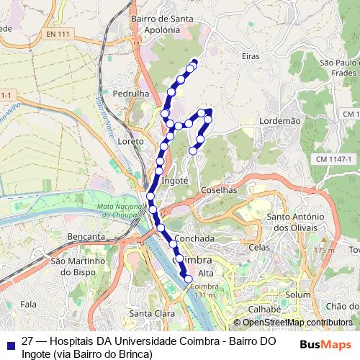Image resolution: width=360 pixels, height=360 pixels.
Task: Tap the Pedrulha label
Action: click(130, 94)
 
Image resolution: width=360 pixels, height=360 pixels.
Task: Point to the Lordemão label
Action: click(279, 122)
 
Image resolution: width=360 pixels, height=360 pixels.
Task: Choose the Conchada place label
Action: click(194, 238)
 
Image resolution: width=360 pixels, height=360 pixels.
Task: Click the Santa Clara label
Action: click(149, 313)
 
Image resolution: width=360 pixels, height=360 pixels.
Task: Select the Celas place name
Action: click(259, 247)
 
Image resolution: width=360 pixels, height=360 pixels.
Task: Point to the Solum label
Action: click(297, 295)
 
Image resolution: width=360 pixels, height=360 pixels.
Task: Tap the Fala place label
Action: click(28, 305)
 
